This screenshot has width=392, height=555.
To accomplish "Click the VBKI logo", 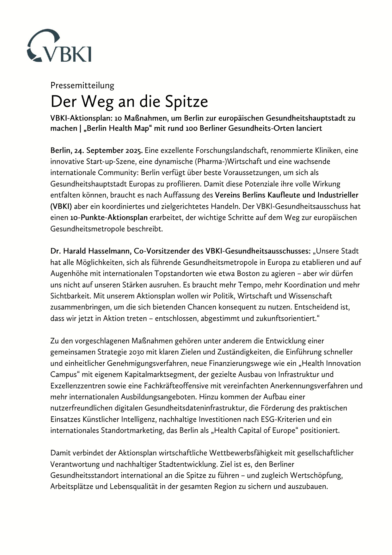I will [59, 46].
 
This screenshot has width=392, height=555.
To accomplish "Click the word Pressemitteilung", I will [82, 85].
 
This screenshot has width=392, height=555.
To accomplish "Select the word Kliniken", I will [329, 150].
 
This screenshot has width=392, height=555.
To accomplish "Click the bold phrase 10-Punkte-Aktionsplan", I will [109, 217].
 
